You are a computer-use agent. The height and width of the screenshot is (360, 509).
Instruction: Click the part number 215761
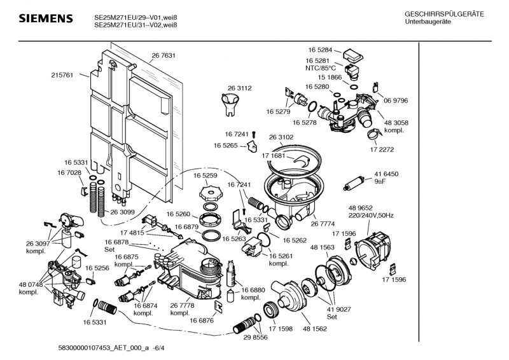coord(62,74)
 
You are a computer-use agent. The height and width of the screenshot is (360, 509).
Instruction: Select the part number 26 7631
coord(164,56)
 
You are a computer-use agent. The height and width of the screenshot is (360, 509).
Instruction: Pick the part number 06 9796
coord(395,100)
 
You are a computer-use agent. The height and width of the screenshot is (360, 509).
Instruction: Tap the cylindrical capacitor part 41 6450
coord(353,184)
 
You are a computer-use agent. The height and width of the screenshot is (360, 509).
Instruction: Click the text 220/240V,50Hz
coord(371,216)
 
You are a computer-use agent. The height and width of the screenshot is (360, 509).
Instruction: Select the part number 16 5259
coord(206,175)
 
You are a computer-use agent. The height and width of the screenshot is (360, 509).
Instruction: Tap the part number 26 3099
coord(123,212)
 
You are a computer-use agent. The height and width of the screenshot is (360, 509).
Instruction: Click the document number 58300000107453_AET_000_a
coord(94,349)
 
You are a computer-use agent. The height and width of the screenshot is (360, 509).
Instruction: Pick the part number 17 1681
coord(274,155)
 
